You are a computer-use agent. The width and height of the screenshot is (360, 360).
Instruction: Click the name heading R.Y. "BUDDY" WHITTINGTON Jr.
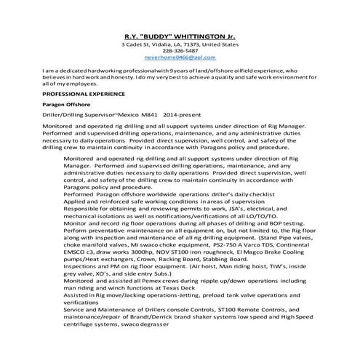[x=180, y=33]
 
